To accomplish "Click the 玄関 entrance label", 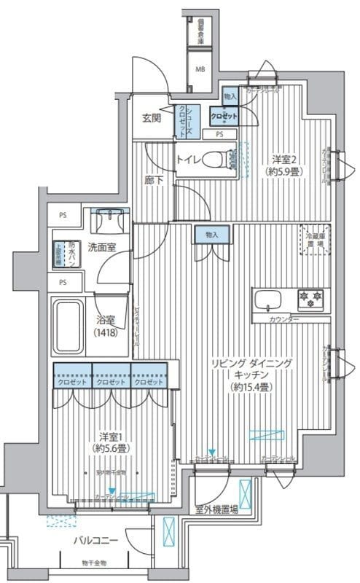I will click(152, 120).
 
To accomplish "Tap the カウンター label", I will click(283, 319).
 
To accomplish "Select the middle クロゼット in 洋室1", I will click(111, 381).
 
